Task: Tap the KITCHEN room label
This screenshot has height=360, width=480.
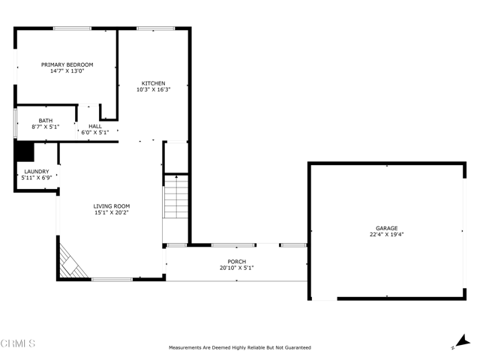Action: pyautogui.click(x=154, y=83)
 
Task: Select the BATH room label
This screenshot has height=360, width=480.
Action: pyautogui.click(x=46, y=120)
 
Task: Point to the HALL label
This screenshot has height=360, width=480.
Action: pyautogui.click(x=94, y=126)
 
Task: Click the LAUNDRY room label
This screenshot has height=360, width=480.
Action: pyautogui.click(x=36, y=172)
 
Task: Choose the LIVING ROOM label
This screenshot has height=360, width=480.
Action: pyautogui.click(x=112, y=206)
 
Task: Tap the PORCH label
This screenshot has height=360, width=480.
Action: pyautogui.click(x=236, y=262)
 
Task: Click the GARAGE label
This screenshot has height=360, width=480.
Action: pyautogui.click(x=386, y=228)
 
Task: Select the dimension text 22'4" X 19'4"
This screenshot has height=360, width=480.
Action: pyautogui.click(x=386, y=235)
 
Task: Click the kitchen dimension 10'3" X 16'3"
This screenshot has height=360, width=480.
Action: pyautogui.click(x=154, y=90)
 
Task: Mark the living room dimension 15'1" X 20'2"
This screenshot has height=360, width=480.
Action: pyautogui.click(x=112, y=213)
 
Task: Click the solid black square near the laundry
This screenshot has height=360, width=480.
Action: pyautogui.click(x=25, y=151)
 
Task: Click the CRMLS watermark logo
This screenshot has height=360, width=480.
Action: pyautogui.click(x=18, y=344)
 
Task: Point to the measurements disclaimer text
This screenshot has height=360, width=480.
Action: pyautogui.click(x=239, y=347)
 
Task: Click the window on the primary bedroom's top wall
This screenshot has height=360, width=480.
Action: pyautogui.click(x=72, y=28)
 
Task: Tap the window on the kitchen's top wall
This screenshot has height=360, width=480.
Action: pyautogui.click(x=155, y=28)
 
